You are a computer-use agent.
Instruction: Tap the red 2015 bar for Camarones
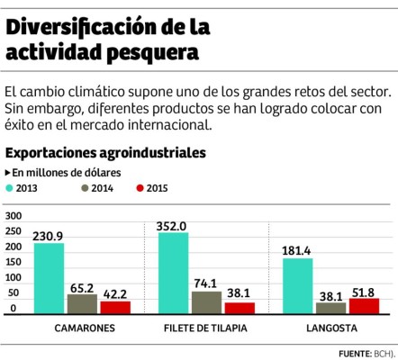pos(115,306)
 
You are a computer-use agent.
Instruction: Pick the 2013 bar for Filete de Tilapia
pos(174,273)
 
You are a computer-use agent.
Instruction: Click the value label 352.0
pos(173,225)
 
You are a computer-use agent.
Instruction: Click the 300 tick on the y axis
pos(13,217)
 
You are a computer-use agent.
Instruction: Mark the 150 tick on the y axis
pos(13,263)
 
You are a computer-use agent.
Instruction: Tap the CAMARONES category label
pos(84,328)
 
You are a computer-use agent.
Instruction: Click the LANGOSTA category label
pos(332,328)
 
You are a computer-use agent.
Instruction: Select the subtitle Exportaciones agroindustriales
pos(105,153)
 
